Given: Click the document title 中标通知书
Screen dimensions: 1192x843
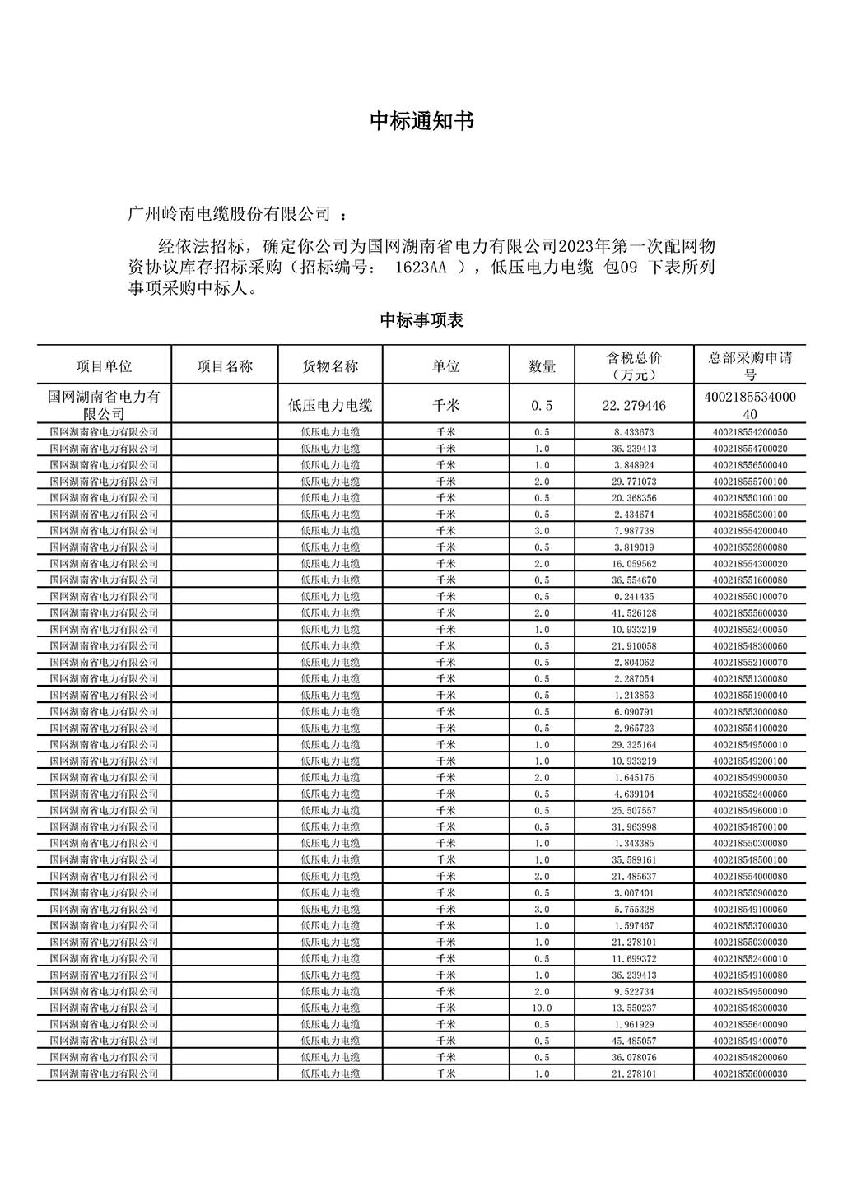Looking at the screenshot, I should click(x=421, y=122).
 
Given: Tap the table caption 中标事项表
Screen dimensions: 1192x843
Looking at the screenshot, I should click(x=421, y=320).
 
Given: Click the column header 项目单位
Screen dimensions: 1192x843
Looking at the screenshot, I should click(x=104, y=366).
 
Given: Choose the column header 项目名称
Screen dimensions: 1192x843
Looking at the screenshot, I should click(x=225, y=366).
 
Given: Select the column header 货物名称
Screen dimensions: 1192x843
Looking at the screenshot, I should click(x=330, y=366).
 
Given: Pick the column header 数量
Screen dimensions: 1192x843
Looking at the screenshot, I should click(x=542, y=366).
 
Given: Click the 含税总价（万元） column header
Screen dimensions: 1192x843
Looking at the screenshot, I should click(x=634, y=366).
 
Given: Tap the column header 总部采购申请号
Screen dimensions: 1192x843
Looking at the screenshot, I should click(x=750, y=366).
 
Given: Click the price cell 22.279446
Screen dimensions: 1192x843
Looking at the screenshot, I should click(x=634, y=405).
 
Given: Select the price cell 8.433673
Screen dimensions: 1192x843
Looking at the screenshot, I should click(x=634, y=432).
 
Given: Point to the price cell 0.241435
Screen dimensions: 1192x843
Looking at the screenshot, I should click(x=634, y=597).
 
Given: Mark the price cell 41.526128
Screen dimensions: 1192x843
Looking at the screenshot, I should click(x=634, y=613).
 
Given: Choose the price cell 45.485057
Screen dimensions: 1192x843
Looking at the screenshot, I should click(x=634, y=1041).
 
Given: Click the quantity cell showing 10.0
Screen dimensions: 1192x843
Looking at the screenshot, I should click(x=542, y=1008).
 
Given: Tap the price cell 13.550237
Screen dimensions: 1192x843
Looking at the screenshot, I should click(x=634, y=1008).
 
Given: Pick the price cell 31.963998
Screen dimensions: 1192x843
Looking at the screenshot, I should click(x=634, y=827).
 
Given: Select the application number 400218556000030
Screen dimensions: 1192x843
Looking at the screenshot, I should click(x=750, y=1074).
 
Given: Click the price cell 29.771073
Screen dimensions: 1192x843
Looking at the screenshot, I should click(x=634, y=482).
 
